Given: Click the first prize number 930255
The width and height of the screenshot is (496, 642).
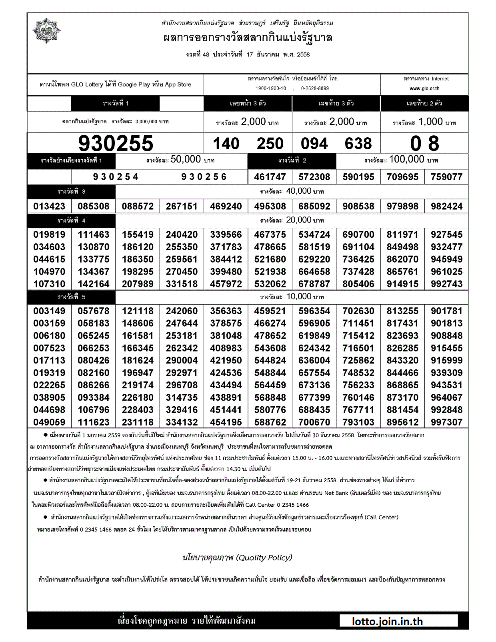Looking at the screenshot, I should (116, 143).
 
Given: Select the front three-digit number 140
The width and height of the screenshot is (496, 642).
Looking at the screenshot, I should (226, 144).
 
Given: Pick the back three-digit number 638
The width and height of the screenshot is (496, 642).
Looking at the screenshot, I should (358, 144).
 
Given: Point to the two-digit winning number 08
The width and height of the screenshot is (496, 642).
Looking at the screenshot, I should (424, 144).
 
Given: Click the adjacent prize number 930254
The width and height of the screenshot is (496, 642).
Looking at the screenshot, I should (116, 177).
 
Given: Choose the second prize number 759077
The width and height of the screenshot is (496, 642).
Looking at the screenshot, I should (446, 177).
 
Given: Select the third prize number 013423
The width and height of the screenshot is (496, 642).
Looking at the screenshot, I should (49, 207).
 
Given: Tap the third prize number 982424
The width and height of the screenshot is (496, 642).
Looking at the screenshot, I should (446, 207).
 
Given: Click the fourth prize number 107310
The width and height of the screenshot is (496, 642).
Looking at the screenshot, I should (49, 284).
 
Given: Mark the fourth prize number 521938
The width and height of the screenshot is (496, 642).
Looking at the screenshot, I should (270, 272).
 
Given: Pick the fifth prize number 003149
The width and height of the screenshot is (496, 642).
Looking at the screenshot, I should (49, 311).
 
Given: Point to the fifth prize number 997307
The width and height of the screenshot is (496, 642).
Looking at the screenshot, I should (446, 422).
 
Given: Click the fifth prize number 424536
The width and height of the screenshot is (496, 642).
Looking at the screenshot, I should (226, 373).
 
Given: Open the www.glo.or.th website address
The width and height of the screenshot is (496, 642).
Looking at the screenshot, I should (424, 88).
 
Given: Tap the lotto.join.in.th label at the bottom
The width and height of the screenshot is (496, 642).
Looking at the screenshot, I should (387, 622).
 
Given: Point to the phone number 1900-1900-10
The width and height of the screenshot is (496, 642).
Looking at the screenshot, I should (271, 88).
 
